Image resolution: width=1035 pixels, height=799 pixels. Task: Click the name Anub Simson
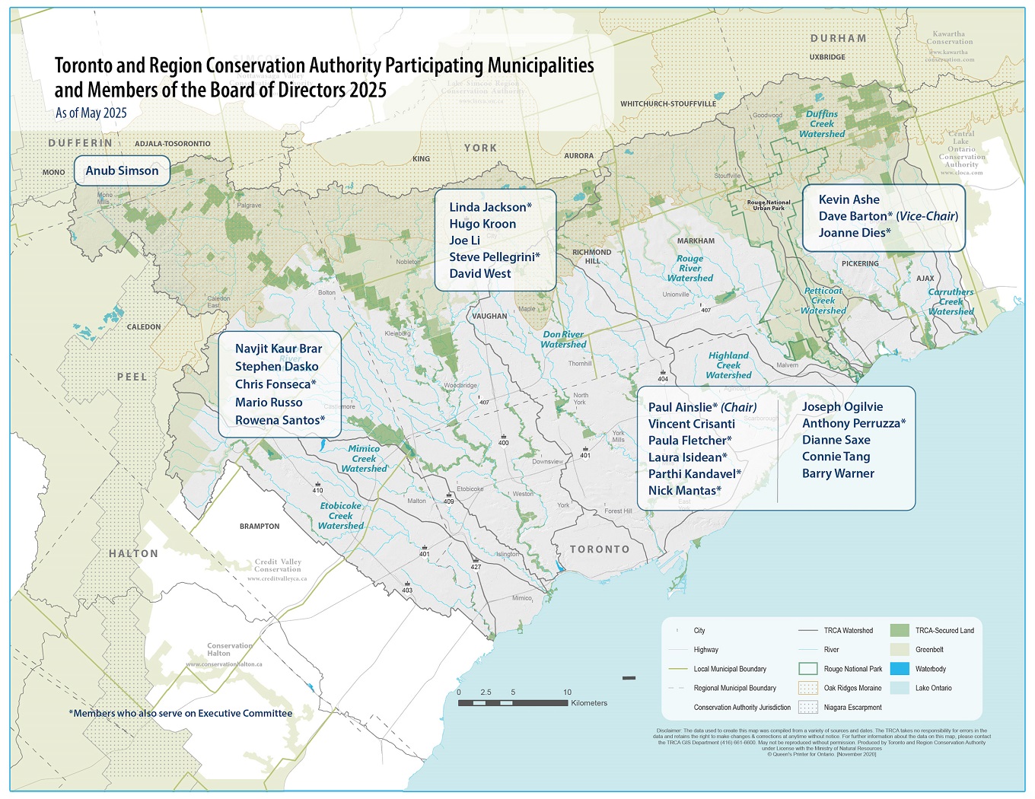point(122,170)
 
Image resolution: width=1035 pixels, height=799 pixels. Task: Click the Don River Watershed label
point(563,339)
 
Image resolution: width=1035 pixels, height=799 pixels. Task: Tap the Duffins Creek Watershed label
point(822,124)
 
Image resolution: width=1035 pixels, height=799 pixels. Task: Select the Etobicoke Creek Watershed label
point(341,516)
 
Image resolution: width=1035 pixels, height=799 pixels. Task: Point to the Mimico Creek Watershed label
point(364,459)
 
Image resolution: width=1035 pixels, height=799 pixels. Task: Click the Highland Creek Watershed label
point(728,365)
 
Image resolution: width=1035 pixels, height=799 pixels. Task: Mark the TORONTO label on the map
point(600,549)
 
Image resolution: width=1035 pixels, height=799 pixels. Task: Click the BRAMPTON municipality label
point(260,526)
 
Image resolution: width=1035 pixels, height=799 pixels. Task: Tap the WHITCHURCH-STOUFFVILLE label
point(667,103)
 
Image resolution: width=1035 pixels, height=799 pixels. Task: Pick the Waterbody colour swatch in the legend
point(900,669)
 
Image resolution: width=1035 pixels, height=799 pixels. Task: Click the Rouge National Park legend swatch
point(807,669)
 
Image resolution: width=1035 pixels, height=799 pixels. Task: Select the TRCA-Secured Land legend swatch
point(900,630)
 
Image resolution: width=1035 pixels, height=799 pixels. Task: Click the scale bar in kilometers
point(513,702)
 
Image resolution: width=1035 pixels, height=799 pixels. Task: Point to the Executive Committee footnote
point(180,713)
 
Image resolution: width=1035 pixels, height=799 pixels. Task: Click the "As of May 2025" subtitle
point(91,113)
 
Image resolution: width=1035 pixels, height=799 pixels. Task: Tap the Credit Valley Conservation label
point(278,565)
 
